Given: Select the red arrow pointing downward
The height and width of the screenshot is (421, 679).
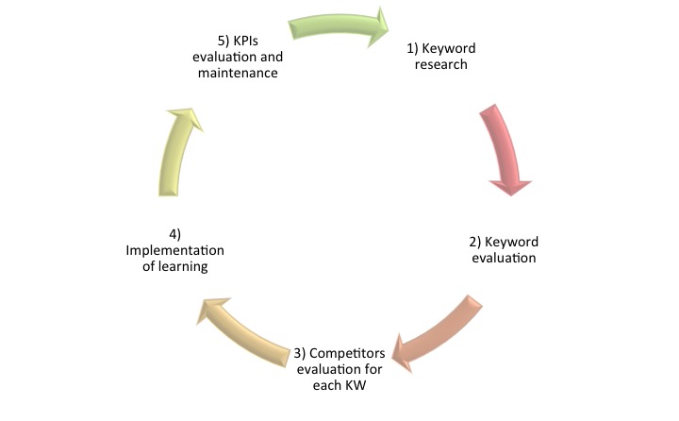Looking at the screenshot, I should click(x=505, y=146).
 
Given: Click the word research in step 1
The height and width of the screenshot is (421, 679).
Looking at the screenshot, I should click(x=441, y=65).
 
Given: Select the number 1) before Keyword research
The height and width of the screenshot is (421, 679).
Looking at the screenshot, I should click(x=413, y=48).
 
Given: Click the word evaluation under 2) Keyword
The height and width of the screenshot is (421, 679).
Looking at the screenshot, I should click(x=503, y=257).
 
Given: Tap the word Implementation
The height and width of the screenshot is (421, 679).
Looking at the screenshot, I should click(x=175, y=250).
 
